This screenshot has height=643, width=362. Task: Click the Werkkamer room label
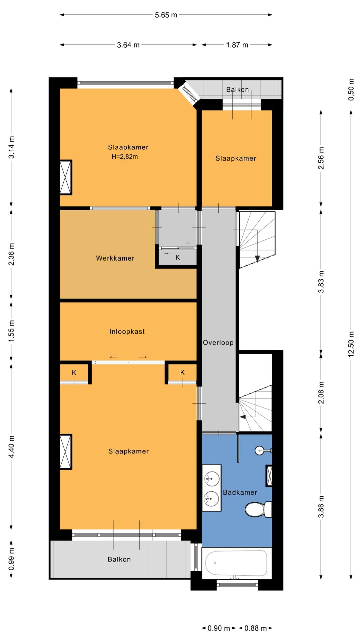[115, 258]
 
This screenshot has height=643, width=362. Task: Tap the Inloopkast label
[127, 332]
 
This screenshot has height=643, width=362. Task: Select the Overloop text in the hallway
[218, 343]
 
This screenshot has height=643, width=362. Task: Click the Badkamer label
[240, 492]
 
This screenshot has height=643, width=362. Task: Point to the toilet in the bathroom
[258, 509]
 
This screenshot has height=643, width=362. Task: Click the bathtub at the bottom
[236, 563]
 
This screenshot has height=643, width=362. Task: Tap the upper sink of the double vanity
[212, 479]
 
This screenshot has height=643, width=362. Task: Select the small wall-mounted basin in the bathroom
[262, 450]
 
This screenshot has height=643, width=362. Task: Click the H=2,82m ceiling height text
[125, 156]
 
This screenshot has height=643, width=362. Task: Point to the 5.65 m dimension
[166, 15]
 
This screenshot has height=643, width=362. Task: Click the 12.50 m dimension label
[351, 344]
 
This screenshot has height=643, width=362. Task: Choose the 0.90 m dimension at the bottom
[219, 628]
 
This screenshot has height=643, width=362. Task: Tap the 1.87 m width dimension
[237, 45]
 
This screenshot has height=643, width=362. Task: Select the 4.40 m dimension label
[11, 447]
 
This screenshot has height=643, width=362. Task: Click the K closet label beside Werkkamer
[178, 258]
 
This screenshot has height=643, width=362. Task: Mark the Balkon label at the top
[238, 89]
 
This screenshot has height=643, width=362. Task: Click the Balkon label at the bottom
[119, 559]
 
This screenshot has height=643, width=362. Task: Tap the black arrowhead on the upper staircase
[257, 259]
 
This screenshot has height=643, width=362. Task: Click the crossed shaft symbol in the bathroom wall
[269, 476]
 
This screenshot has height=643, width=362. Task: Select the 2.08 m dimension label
[321, 392]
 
